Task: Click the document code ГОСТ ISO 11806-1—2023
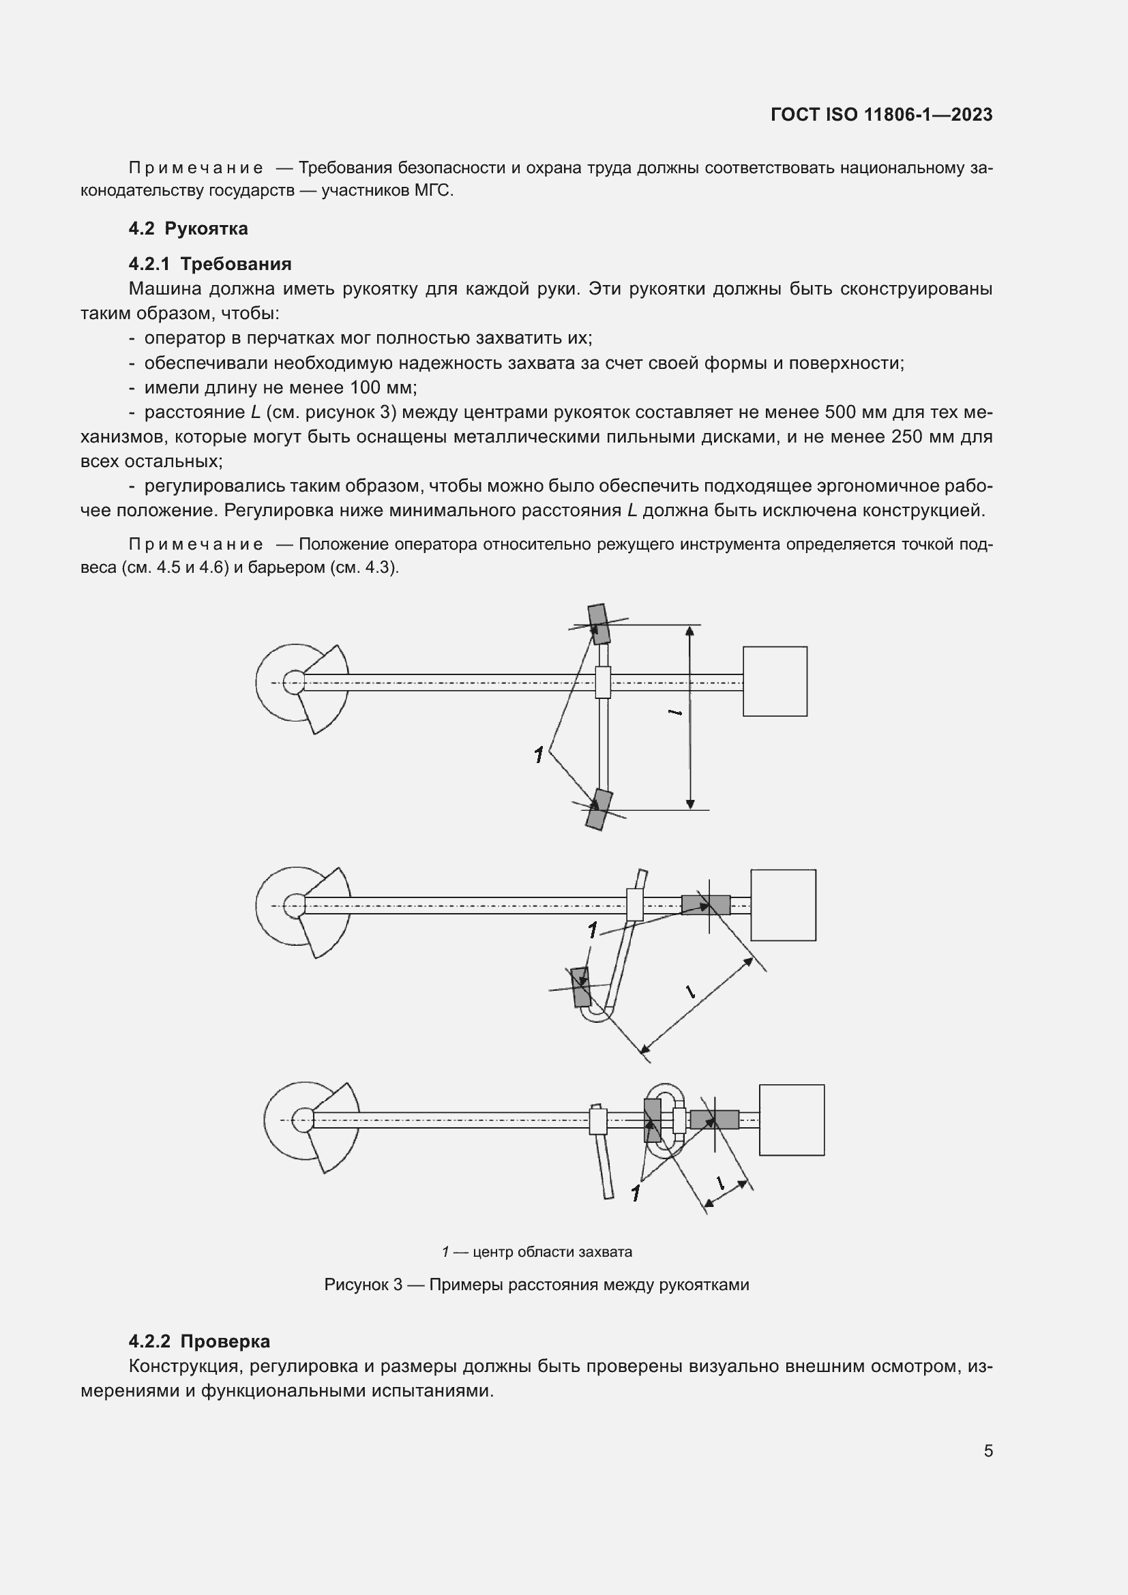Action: tap(880, 115)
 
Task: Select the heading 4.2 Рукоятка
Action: tap(188, 228)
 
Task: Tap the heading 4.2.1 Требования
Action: tap(210, 264)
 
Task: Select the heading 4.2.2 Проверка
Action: tap(199, 1341)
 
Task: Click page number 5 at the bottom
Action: tap(988, 1450)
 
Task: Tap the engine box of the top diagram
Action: tap(775, 681)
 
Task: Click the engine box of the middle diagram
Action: tap(783, 905)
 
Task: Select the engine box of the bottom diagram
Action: tap(791, 1120)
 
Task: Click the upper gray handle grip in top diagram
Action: tap(597, 624)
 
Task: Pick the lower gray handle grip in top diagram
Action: tap(598, 810)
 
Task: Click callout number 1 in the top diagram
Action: tap(538, 755)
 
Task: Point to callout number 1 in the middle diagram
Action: tap(592, 930)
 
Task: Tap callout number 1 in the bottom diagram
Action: tap(635, 1193)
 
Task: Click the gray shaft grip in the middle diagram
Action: tap(705, 904)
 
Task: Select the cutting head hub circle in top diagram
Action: tap(295, 682)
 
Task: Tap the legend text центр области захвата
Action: tap(552, 1252)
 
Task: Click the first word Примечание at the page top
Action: tap(196, 168)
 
